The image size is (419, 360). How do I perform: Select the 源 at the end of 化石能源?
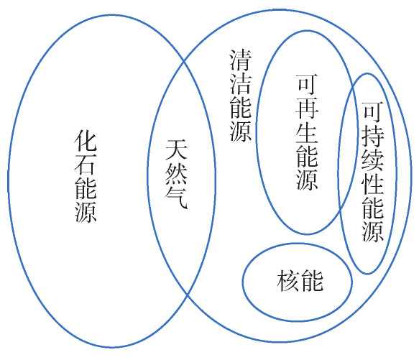pos(86,211)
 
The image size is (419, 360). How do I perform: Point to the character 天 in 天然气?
pos(176,149)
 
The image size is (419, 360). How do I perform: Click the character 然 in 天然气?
pos(176,173)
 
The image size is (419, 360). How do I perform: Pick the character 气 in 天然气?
pos(176,197)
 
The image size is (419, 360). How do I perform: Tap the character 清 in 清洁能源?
pos(241,60)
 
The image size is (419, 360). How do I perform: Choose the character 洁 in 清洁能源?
pos(241,83)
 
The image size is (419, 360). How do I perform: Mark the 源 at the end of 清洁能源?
pos(241,131)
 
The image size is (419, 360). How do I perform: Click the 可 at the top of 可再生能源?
pos(307,85)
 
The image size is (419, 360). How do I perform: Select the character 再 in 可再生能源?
pos(307,108)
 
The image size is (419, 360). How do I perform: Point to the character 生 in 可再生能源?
pos(307,131)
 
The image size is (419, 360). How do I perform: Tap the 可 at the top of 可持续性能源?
pos(373,112)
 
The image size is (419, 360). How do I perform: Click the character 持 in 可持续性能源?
pos(373,136)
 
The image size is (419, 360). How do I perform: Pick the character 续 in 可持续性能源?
pos(373,160)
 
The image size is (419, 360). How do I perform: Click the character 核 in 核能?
pos(288,281)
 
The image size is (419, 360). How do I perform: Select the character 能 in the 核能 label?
pos(312,281)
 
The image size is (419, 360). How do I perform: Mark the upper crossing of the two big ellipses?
pos(183,62)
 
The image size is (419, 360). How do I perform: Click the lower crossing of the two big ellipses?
pos(188,295)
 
